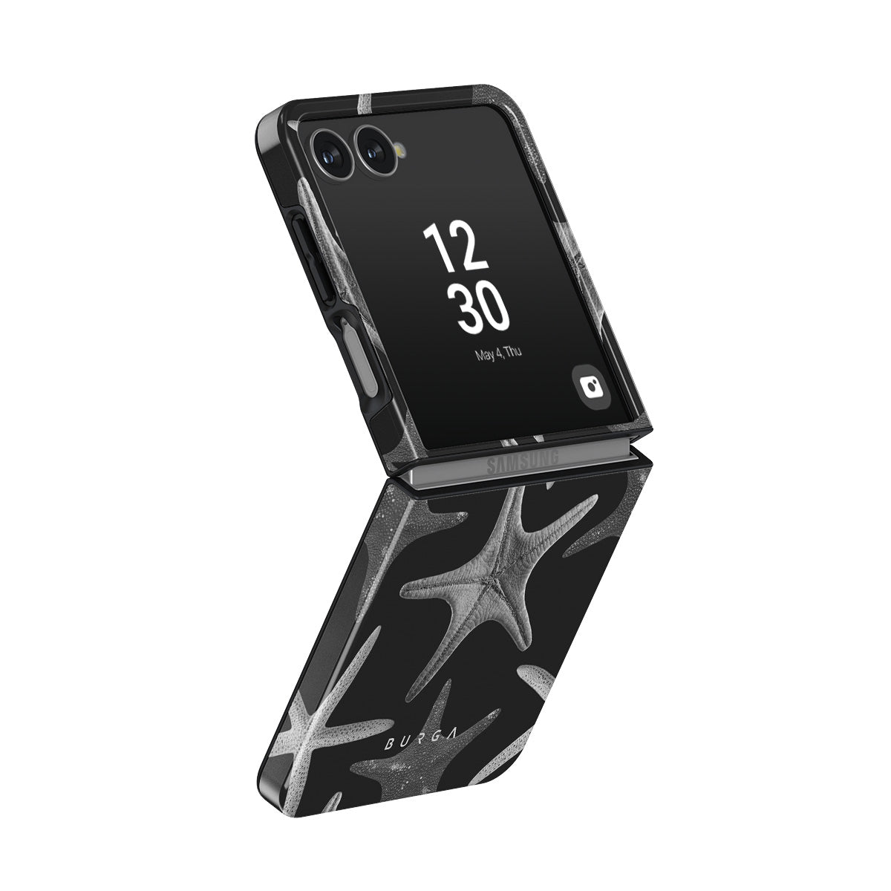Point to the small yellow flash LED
[x=401, y=149]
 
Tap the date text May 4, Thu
[x=498, y=353]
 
